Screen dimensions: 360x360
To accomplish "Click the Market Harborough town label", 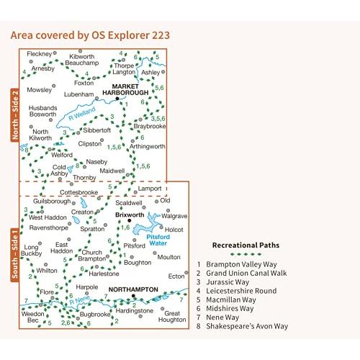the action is tap(125, 89).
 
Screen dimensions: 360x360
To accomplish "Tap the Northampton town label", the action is tap(133, 289).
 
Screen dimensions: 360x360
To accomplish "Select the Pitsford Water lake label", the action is tap(158, 240).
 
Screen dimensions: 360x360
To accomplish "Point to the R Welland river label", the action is tap(82, 114).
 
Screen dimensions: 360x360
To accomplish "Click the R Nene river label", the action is tap(79, 300).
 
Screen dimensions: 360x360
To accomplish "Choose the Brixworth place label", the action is tap(130, 215).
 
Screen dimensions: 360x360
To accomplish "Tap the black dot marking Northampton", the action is tap(133, 296).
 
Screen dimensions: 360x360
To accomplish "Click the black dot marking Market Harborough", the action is tap(117, 99).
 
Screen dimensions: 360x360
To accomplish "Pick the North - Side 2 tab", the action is tap(15, 115).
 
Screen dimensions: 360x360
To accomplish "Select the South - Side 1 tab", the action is tap(15, 254).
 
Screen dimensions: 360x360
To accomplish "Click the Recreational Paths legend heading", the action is tap(246, 246).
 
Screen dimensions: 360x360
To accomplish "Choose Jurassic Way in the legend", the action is tap(228, 282).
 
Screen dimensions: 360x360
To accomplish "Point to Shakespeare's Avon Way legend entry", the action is tap(247, 326).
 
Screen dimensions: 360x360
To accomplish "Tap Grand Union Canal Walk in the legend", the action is tap(246, 273).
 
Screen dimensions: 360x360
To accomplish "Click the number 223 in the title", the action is tap(161, 35).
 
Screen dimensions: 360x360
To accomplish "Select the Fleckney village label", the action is tap(40, 54).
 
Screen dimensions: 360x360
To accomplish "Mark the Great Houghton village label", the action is tap(172, 317).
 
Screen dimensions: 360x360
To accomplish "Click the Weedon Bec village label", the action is tap(32, 317).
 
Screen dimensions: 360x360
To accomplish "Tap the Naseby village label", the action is tap(96, 162).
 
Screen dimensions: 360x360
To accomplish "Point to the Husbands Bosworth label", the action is tap(43, 111).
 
